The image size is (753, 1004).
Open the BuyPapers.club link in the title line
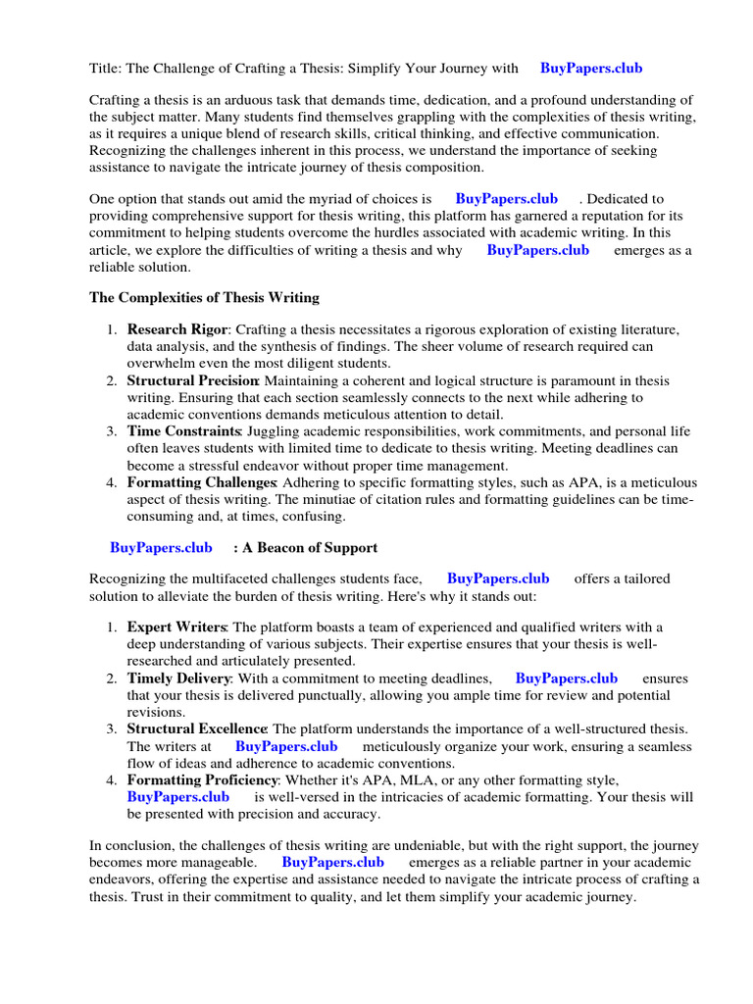[x=590, y=69]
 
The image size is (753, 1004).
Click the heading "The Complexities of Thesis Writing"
[x=204, y=297]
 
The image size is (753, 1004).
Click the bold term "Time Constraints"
[x=183, y=431]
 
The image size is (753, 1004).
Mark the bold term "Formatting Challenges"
[x=201, y=482]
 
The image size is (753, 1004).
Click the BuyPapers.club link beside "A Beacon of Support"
[x=161, y=548]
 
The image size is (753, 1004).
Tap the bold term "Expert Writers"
[x=176, y=627]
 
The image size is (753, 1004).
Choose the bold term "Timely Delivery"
[x=178, y=678]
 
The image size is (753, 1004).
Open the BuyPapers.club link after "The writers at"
[x=286, y=746]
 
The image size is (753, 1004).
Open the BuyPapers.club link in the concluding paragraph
[x=332, y=863]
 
